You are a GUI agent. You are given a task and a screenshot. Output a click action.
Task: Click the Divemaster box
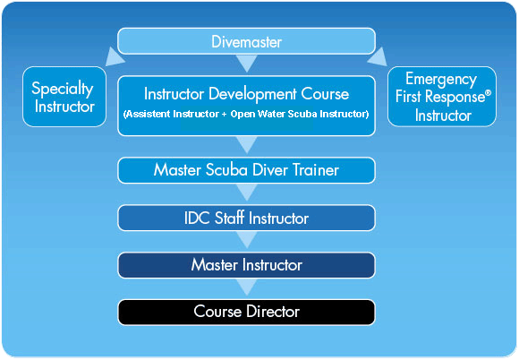pyautogui.click(x=246, y=41)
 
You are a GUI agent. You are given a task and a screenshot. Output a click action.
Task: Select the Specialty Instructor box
pyautogui.click(x=64, y=97)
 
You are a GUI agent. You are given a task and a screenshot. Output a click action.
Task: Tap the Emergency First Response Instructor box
pyautogui.click(x=442, y=97)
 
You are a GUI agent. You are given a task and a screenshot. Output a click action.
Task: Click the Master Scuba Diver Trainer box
pyautogui.click(x=246, y=170)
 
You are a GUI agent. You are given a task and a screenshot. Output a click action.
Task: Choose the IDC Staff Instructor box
pyautogui.click(x=246, y=218)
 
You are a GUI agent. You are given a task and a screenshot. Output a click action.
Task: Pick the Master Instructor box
pyautogui.click(x=246, y=265)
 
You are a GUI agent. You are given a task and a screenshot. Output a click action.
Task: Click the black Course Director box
pyautogui.click(x=246, y=313)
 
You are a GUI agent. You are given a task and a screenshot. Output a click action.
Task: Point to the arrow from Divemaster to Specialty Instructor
pyautogui.click(x=115, y=57)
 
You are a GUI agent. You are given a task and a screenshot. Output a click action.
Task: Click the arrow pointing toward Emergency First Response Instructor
pyautogui.click(x=378, y=57)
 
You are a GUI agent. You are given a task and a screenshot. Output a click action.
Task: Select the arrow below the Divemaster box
pyautogui.click(x=247, y=63)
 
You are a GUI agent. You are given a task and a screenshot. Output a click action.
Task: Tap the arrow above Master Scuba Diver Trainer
pyautogui.click(x=247, y=144)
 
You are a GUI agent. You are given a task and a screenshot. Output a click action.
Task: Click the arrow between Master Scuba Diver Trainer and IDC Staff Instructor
pyautogui.click(x=247, y=192)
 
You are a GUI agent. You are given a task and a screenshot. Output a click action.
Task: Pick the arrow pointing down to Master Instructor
pyautogui.click(x=247, y=239)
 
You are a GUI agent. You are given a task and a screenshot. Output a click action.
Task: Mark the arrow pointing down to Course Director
pyautogui.click(x=247, y=287)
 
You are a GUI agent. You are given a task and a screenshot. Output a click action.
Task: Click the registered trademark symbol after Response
pyautogui.click(x=488, y=93)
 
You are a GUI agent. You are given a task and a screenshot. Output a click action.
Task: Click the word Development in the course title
pyautogui.click(x=252, y=94)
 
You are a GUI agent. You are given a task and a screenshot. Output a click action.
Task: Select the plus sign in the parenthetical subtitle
pyautogui.click(x=225, y=115)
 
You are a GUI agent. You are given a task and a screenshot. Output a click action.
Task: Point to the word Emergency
pyautogui.click(x=441, y=80)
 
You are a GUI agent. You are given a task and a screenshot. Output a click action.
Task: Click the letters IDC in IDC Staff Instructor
pyautogui.click(x=197, y=219)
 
